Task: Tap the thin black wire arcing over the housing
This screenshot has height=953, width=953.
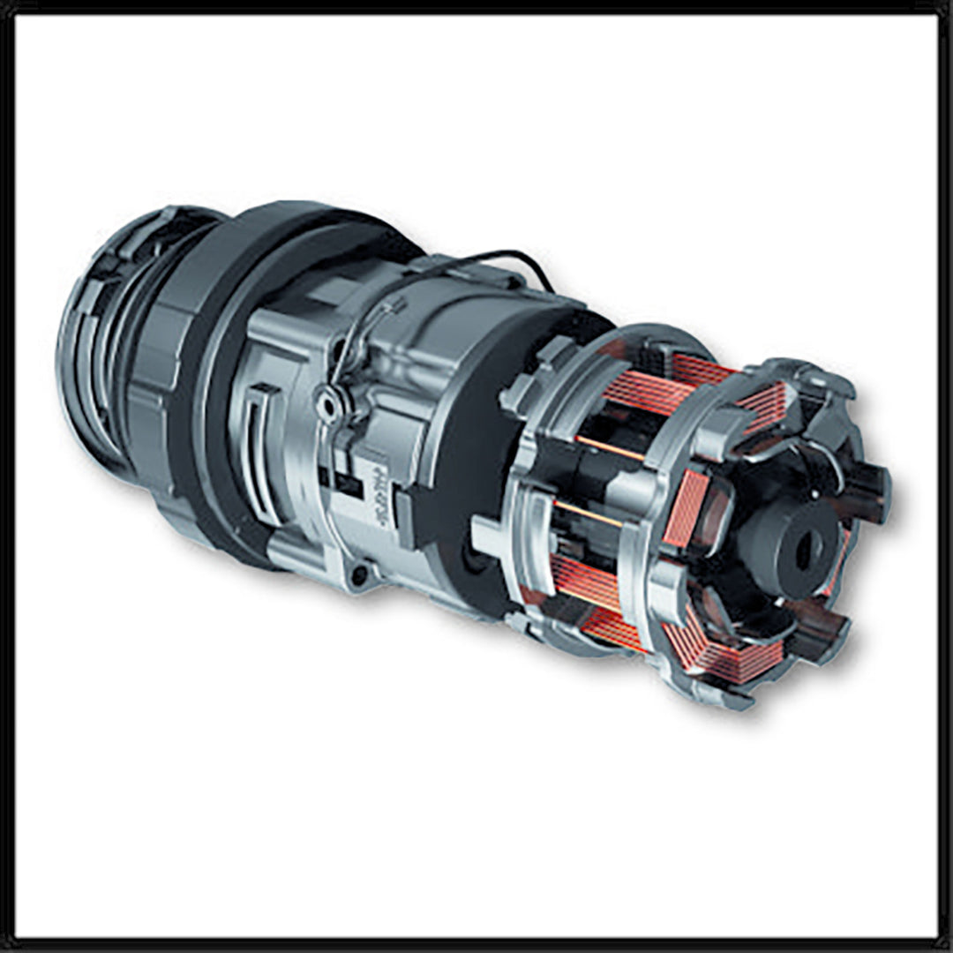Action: [x=494, y=258]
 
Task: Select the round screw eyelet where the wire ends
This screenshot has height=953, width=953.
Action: [x=330, y=406]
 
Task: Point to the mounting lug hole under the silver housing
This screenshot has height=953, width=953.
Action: [x=359, y=576]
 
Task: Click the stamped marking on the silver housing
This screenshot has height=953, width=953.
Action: [x=382, y=494]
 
